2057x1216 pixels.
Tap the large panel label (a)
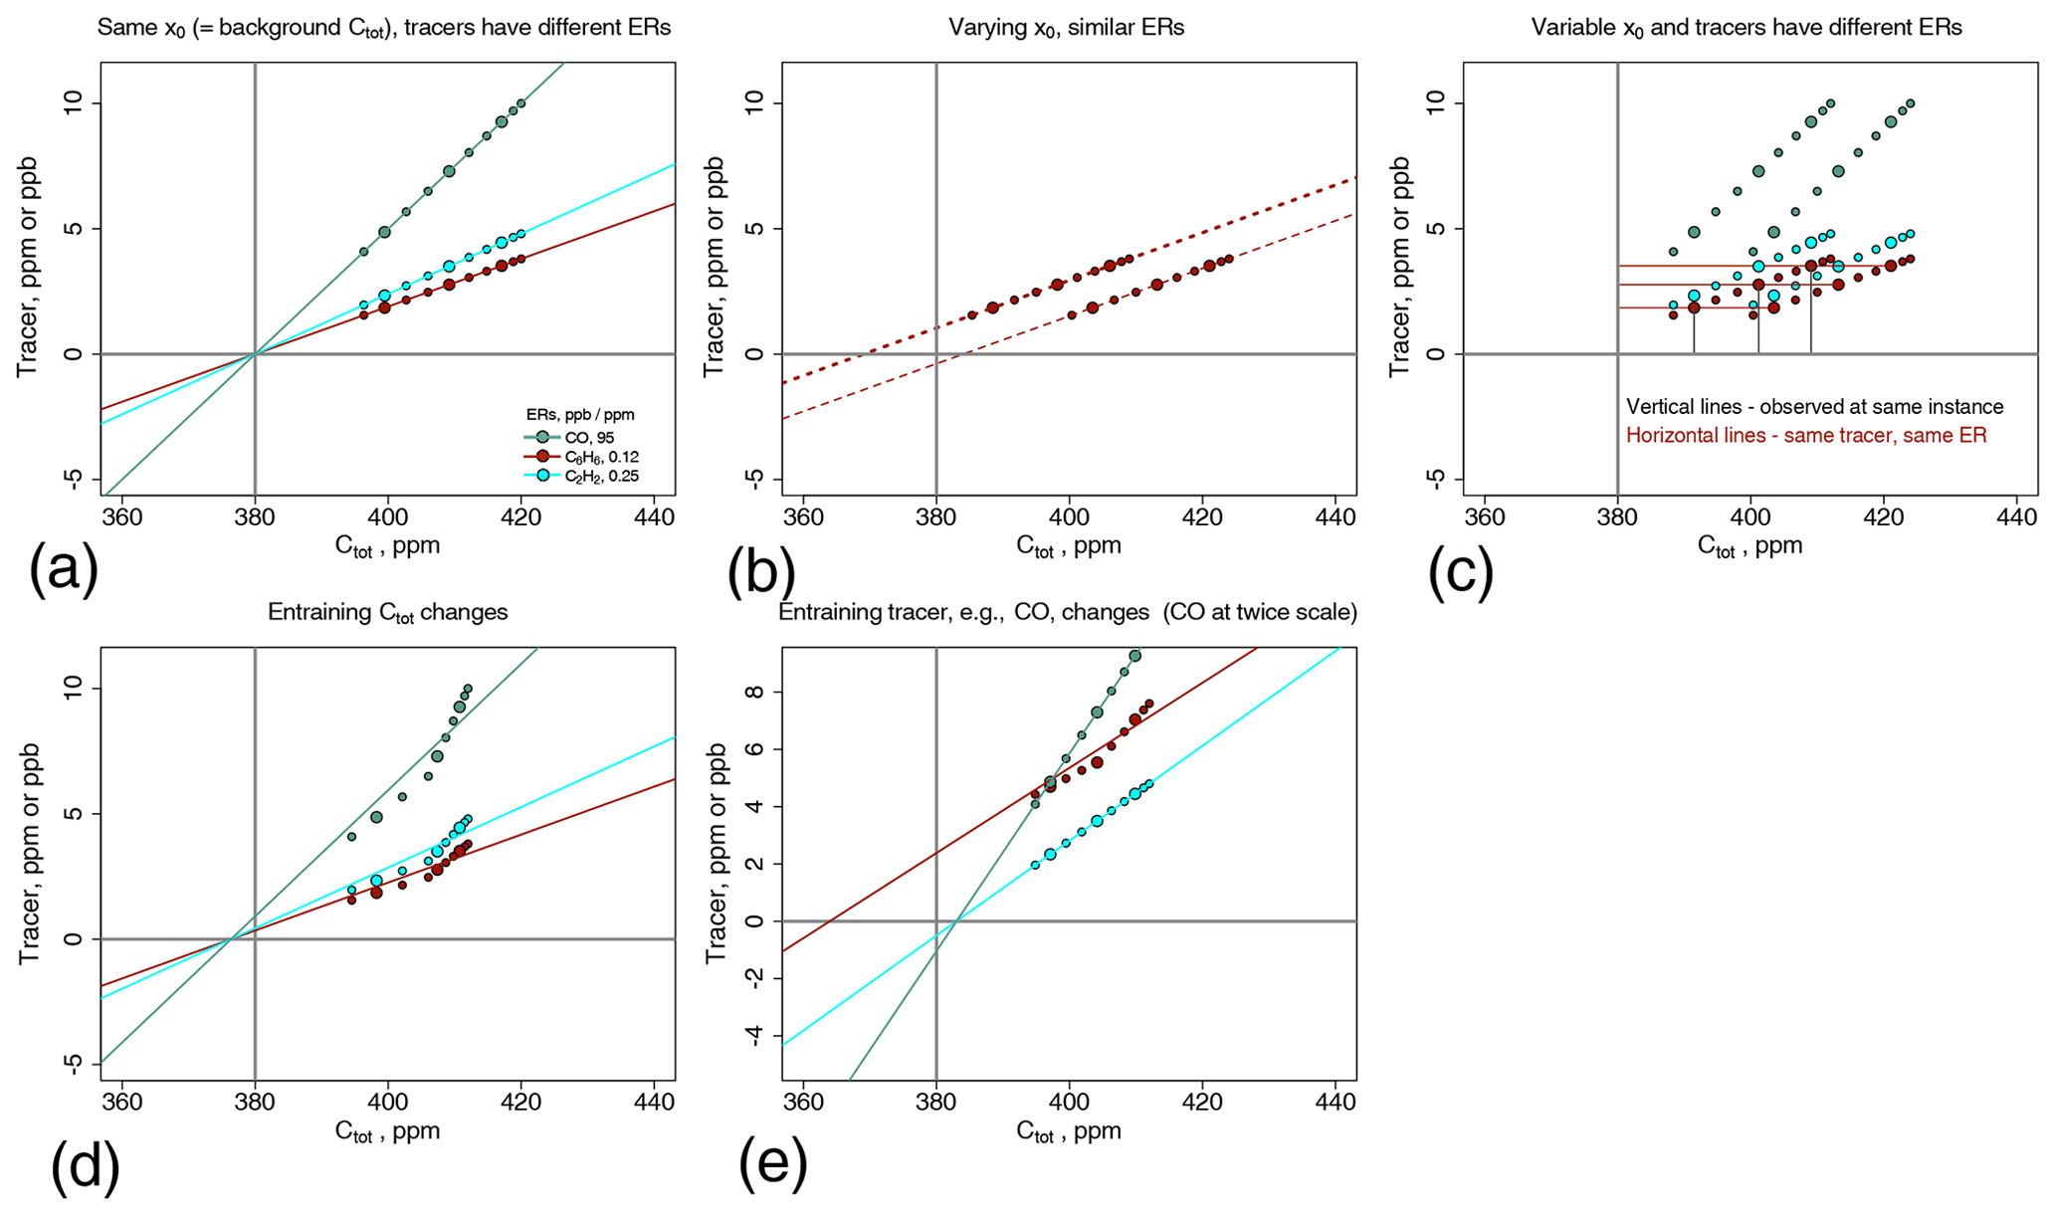point(64,570)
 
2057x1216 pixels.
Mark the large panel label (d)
point(85,1164)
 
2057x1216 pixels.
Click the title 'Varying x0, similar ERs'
point(1066,28)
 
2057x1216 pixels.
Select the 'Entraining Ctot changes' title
point(387,612)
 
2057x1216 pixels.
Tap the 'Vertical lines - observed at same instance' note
point(1814,407)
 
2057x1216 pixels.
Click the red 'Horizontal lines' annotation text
point(1806,436)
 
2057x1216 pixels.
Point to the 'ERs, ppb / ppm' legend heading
point(579,414)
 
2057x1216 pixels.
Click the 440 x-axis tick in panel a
point(654,517)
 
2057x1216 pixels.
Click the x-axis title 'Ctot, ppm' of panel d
point(387,1131)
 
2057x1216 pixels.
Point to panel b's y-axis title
point(714,267)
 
